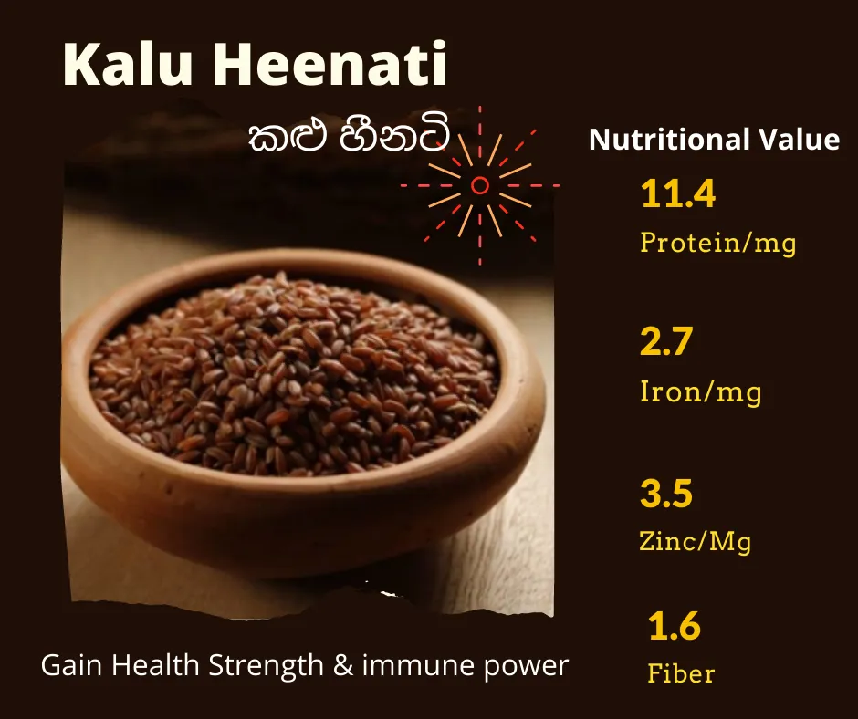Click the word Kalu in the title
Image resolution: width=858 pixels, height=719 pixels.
point(128,64)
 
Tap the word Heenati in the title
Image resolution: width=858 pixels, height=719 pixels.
point(330,64)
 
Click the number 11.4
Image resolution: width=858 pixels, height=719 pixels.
point(678,193)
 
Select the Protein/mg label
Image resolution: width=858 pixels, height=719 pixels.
point(718,242)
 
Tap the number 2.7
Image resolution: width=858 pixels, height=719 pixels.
point(666,341)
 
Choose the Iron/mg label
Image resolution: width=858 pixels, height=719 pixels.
point(700,391)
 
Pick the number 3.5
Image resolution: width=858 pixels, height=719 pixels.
point(666,493)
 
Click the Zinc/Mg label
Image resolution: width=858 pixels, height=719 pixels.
point(695,542)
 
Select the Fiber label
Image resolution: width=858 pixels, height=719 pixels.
point(681,673)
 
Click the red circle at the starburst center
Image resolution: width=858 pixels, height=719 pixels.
point(480,185)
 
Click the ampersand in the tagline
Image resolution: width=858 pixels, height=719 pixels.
point(342,666)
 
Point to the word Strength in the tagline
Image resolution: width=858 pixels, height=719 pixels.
point(267,666)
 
